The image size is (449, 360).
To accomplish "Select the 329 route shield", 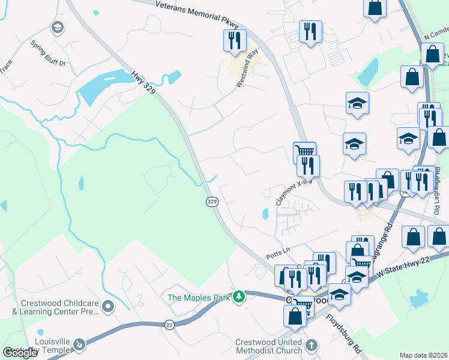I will click(x=211, y=202).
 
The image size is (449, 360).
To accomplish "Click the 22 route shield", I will click(x=169, y=325).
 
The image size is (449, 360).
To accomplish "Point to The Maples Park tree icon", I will click(x=240, y=296).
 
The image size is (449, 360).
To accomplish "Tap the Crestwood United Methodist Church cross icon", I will click(x=311, y=345).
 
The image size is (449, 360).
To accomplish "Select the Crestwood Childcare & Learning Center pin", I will click(x=108, y=307).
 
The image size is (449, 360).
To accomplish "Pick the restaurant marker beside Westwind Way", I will click(x=233, y=40).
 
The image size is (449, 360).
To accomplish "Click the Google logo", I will click(x=20, y=353).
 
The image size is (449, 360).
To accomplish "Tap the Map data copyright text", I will click(x=424, y=355).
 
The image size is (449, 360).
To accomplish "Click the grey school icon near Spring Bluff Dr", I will click(x=57, y=27).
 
